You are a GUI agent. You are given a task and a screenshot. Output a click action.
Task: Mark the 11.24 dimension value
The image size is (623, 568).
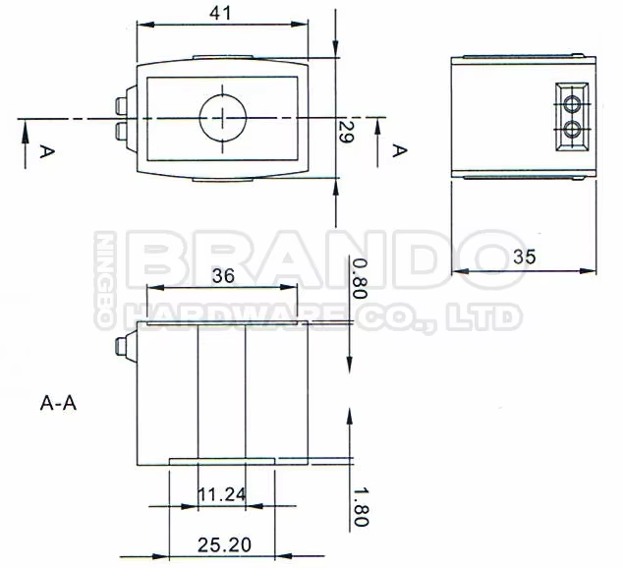[221, 494]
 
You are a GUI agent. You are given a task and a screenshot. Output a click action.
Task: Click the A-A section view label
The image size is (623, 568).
[59, 402]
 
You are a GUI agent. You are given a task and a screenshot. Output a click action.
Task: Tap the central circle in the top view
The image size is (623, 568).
[225, 119]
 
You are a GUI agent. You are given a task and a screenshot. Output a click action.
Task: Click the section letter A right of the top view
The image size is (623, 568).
[399, 150]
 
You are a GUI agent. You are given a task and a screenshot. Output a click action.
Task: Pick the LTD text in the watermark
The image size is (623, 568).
[483, 315]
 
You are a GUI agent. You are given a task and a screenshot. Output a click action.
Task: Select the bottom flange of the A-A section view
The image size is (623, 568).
[221, 462]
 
